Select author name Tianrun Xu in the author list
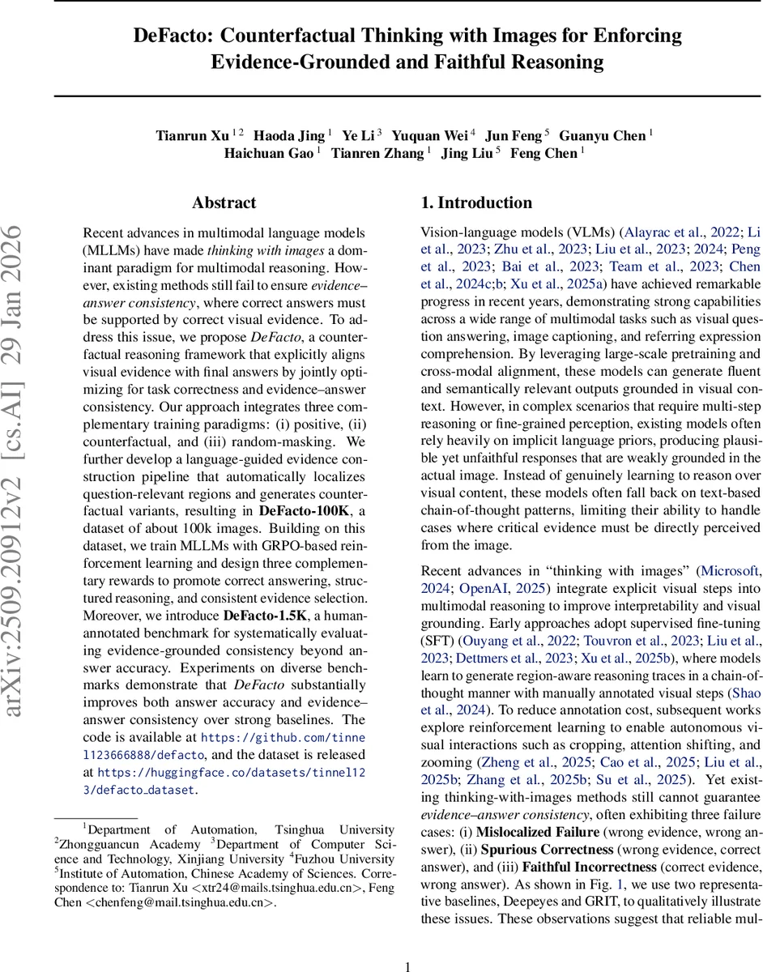(x=192, y=135)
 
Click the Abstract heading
(x=224, y=202)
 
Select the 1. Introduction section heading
(x=476, y=202)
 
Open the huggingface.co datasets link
(x=231, y=773)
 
